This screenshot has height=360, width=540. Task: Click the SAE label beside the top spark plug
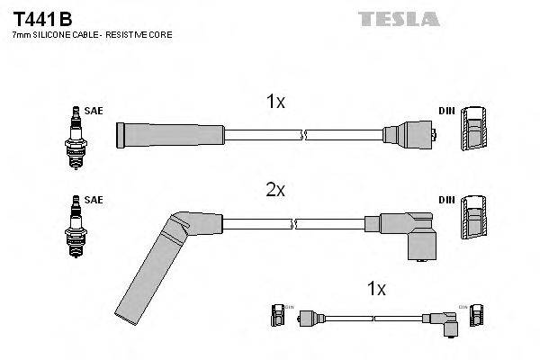click(94, 111)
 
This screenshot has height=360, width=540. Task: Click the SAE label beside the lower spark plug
click(94, 200)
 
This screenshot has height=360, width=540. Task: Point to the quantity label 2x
click(275, 190)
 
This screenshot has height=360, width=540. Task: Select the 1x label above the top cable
click(275, 103)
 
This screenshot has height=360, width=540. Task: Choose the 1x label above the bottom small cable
click(376, 289)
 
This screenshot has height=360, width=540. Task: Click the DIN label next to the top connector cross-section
click(446, 111)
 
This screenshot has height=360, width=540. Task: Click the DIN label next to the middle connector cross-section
click(446, 200)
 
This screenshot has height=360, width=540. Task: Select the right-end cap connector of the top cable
click(410, 136)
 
